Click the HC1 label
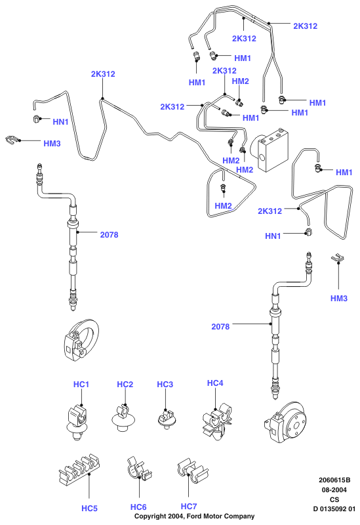[81, 384]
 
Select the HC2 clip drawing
[123, 419]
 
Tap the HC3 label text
[165, 384]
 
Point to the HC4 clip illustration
[217, 423]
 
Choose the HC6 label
[138, 507]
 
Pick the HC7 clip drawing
[193, 471]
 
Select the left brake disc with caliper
[81, 340]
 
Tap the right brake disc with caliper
[285, 422]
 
